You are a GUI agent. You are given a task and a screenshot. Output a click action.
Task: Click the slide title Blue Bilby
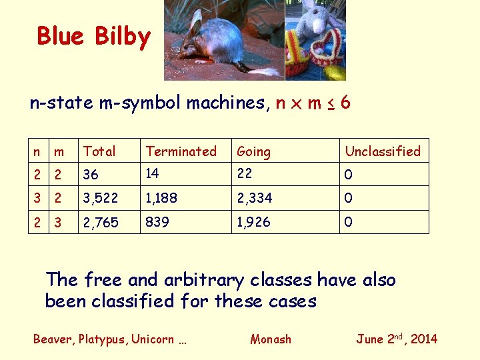tap(94, 36)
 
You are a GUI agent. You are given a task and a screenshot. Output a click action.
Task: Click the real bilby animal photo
tap(223, 40)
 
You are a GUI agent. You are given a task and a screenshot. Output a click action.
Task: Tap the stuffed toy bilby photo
tap(315, 40)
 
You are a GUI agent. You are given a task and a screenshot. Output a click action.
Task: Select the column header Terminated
tap(181, 151)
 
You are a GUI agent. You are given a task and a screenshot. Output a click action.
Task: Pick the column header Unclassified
tap(383, 151)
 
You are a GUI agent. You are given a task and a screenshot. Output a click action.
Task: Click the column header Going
tap(254, 152)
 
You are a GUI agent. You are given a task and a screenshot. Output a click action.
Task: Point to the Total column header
tap(99, 151)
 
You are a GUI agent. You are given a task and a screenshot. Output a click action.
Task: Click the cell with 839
tap(157, 221)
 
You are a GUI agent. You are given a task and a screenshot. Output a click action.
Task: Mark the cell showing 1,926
tap(254, 221)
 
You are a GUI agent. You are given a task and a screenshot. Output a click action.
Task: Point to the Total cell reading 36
tap(91, 175)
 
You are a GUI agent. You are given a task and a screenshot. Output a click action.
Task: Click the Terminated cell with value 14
tap(153, 173)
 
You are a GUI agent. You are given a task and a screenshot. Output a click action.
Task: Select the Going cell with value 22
tap(245, 173)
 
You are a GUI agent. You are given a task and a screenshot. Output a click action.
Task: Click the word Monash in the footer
tap(271, 339)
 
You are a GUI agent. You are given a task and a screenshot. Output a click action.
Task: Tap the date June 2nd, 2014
tap(397, 338)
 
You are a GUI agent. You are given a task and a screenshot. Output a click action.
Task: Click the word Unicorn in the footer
tap(154, 339)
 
